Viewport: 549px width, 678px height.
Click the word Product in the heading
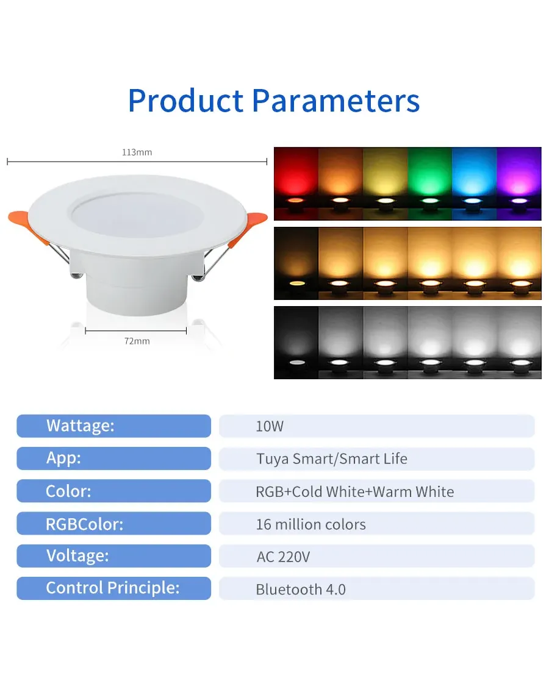(x=185, y=101)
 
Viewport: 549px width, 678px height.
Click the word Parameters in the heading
(x=335, y=101)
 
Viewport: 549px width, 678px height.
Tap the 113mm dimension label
(x=137, y=152)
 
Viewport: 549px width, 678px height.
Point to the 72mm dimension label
(x=137, y=341)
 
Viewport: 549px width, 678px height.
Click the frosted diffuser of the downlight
(x=138, y=215)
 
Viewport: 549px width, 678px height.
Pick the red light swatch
(x=296, y=184)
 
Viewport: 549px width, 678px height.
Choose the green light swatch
(x=429, y=184)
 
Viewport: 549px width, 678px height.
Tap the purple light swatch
(x=519, y=184)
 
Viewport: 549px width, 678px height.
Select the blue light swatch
(x=474, y=184)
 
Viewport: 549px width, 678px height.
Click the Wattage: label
(x=81, y=426)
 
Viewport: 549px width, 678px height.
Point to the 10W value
(x=270, y=426)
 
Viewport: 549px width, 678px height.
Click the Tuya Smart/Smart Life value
(x=332, y=459)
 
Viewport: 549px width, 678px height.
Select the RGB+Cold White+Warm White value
(x=355, y=491)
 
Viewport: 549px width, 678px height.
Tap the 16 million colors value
(x=310, y=524)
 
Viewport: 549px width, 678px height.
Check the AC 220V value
(x=284, y=557)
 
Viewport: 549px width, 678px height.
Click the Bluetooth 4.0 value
(x=301, y=590)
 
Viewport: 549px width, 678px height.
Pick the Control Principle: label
(x=113, y=588)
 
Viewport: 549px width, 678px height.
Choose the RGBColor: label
(x=85, y=524)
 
